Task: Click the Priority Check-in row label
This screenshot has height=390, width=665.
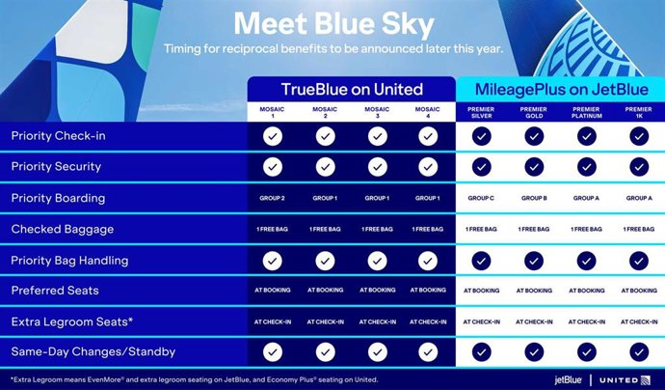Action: pyautogui.click(x=58, y=136)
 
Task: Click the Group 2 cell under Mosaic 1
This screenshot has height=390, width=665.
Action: pyautogui.click(x=273, y=198)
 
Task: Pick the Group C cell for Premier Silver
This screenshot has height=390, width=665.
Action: pyautogui.click(x=481, y=198)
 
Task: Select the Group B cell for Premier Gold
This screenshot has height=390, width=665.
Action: pyautogui.click(x=533, y=198)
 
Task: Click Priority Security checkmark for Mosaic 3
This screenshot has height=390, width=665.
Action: pyautogui.click(x=377, y=167)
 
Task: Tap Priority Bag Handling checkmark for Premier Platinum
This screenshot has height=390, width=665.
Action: pyautogui.click(x=585, y=260)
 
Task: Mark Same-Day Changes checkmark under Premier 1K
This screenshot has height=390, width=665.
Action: pyautogui.click(x=637, y=351)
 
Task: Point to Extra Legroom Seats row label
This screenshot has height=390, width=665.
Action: pyautogui.click(x=71, y=320)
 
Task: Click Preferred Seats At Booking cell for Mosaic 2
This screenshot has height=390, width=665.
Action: pyautogui.click(x=325, y=290)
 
